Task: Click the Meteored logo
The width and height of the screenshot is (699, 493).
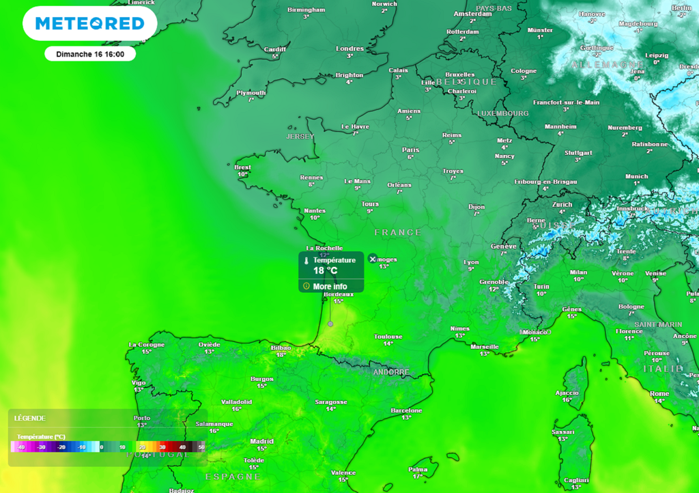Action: click(x=89, y=24)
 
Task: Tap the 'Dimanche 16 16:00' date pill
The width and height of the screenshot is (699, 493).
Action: click(x=90, y=54)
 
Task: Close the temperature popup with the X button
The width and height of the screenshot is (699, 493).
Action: click(x=372, y=259)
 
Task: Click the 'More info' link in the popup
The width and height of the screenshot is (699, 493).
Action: click(x=330, y=286)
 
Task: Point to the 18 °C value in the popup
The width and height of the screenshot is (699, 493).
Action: click(x=325, y=271)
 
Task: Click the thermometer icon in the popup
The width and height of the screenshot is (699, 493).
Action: click(x=306, y=261)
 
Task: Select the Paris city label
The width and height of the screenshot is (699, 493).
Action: click(x=410, y=150)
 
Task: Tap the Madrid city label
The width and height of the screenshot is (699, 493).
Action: click(x=261, y=441)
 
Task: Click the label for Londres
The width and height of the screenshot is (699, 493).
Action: click(x=350, y=48)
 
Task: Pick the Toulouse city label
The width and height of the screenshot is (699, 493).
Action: click(x=388, y=337)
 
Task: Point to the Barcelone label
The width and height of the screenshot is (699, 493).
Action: click(x=406, y=410)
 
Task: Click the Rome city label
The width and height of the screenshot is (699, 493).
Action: click(x=659, y=394)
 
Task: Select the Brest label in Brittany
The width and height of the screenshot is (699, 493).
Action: click(x=242, y=167)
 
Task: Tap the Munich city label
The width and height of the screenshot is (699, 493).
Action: click(x=636, y=176)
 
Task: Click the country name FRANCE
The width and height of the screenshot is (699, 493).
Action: click(x=398, y=233)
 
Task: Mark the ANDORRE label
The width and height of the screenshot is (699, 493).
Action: click(x=391, y=372)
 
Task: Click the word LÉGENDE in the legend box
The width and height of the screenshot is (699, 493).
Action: click(x=29, y=418)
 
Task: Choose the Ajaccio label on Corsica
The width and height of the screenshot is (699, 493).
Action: click(x=567, y=393)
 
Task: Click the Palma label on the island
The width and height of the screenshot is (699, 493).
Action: click(x=418, y=469)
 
